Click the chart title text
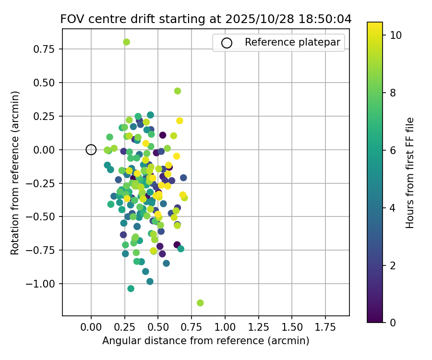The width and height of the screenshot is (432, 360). click(206, 19)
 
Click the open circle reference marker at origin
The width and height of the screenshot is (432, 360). click(91, 150)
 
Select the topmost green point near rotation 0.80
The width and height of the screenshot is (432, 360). click(126, 42)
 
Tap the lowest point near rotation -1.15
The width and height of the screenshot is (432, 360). click(200, 303)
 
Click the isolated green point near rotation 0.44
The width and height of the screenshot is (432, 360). click(178, 91)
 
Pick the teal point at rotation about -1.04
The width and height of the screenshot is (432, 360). click(131, 288)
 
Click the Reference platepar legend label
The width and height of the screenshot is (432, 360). click(292, 42)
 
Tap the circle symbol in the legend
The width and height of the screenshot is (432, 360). click(227, 43)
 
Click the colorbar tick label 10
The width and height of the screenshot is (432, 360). click(396, 35)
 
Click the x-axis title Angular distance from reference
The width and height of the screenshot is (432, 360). click(205, 341)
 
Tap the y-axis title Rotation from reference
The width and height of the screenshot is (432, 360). click(15, 173)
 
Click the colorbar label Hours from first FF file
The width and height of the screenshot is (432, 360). click(410, 173)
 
